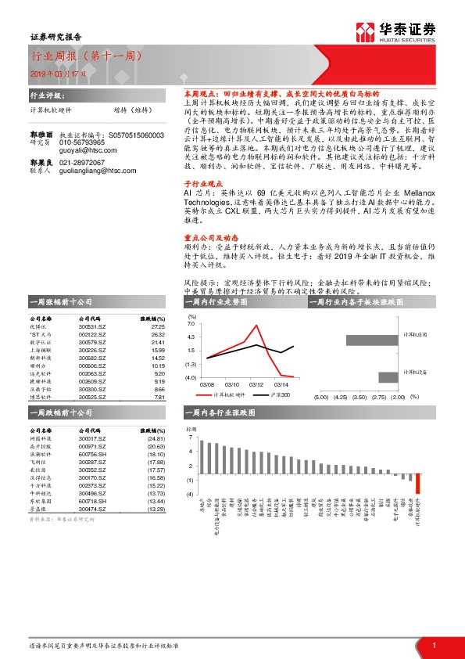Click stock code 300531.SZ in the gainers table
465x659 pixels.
pos(92,326)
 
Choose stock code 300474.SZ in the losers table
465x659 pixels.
pos(92,509)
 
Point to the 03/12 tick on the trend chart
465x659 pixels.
pos(256,384)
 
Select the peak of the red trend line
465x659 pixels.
pos(256,325)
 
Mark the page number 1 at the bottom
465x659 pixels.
pos(433,644)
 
